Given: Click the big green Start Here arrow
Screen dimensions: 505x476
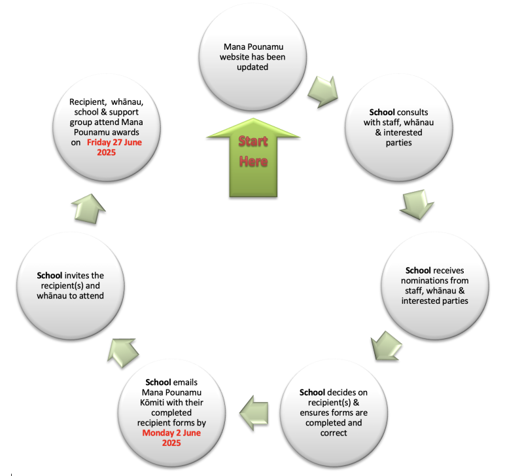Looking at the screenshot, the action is pos(253,158).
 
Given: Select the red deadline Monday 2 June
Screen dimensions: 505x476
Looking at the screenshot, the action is pos(171,433).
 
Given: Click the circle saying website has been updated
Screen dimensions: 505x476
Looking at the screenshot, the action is pos(252,57).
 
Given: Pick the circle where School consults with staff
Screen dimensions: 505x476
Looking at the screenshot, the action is pos(399,128).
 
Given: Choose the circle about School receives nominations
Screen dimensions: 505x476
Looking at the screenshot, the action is pos(435,285).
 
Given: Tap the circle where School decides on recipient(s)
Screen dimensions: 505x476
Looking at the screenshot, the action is pos(334,413).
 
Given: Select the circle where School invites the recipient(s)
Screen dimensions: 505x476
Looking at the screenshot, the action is pos(71,285).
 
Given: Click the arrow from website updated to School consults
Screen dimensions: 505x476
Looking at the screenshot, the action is pos(323,92).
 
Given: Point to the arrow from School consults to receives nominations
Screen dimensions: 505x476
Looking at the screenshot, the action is pos(417,205).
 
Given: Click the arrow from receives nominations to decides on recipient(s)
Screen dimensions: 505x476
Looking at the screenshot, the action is pos(386,346).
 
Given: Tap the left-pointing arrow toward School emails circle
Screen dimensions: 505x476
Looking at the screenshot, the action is pos(254,413).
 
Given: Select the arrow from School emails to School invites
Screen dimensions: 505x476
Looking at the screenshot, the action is pos(123,353).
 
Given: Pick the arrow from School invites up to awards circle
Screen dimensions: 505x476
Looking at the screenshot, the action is pos(88,209).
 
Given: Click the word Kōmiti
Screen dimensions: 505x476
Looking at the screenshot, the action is pos(152,403).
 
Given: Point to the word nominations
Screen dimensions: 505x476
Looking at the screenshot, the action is pos(421,280).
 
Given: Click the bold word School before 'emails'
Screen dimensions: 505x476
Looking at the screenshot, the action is pos(158,382).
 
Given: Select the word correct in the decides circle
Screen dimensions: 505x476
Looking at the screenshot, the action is pos(334,433).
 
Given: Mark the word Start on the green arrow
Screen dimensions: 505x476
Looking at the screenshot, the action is pos(253,141).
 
